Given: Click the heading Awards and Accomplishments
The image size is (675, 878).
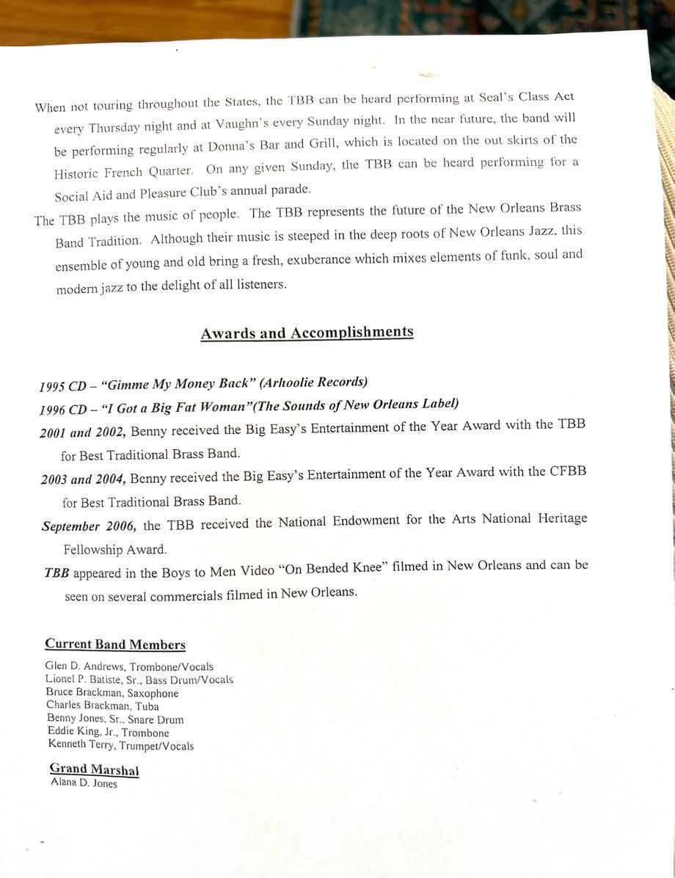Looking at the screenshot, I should click(307, 333).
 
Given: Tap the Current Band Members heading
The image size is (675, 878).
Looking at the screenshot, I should click(115, 645).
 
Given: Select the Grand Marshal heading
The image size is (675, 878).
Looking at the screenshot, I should click(94, 769).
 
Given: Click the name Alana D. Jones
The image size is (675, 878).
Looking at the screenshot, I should click(84, 783).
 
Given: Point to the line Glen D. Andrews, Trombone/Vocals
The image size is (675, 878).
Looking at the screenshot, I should click(129, 667).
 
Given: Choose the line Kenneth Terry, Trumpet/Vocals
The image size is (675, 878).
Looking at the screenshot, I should click(121, 746).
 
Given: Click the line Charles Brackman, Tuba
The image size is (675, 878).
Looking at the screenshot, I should click(102, 706).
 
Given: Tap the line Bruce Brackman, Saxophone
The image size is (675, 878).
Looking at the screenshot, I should click(112, 693).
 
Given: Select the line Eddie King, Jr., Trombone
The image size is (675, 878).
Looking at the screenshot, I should click(108, 733).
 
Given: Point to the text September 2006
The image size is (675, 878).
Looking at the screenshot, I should click(90, 526).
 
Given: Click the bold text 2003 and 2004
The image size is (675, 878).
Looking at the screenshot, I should click(84, 479).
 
